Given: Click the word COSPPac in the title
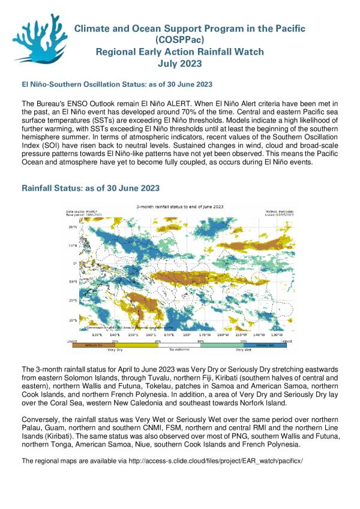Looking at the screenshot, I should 179,40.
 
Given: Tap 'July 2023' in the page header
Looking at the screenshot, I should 179,63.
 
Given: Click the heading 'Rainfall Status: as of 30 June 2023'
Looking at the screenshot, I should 91,188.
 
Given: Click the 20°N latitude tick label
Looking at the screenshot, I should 72,227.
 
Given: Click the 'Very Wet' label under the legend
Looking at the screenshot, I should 244,349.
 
